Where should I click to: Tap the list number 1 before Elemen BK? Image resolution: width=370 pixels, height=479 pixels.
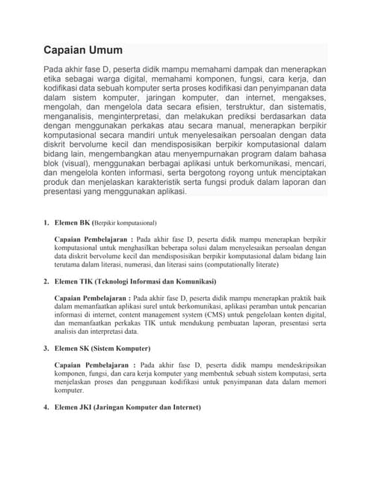pyautogui.click(x=45, y=222)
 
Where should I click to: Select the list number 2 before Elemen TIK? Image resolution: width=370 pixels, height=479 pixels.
pyautogui.click(x=45, y=281)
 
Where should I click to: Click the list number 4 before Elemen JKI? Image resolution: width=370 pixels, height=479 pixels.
pyautogui.click(x=45, y=407)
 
